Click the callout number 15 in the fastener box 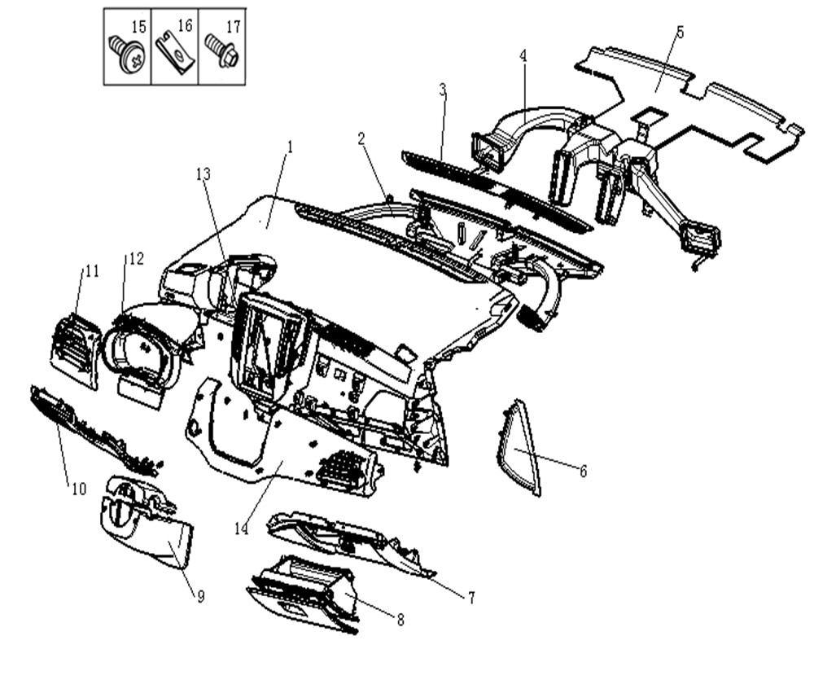pos(139,27)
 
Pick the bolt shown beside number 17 pos(221,51)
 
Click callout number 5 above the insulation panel pos(681,32)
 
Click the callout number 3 pos(443,89)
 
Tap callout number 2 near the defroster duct pos(362,138)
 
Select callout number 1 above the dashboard pos(288,147)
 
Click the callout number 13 pos(203,173)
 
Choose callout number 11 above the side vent pos(91,271)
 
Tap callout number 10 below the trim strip pos(78,489)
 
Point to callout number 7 pos(471,597)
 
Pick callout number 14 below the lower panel pos(241,528)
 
